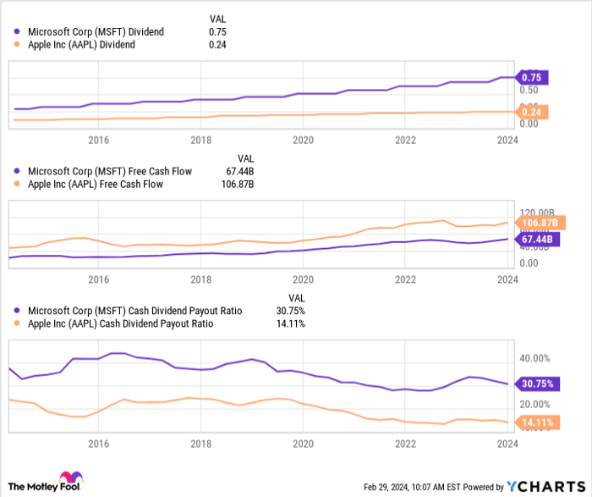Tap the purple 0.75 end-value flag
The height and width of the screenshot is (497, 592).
coord(534,77)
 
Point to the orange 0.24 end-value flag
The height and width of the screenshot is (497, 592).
coord(534,112)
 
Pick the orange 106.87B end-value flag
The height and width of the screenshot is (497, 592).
coord(538,223)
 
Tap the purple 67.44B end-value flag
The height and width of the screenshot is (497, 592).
coord(536,240)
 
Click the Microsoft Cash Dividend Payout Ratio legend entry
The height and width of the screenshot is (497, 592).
coord(134,311)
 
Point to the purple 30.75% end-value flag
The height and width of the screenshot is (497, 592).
coord(538,384)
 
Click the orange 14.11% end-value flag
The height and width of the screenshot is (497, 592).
coord(538,422)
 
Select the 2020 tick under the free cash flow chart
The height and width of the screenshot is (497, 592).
coord(303,279)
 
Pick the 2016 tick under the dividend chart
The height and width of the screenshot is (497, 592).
coord(99,140)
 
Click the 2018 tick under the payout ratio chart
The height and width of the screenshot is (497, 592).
coord(200,444)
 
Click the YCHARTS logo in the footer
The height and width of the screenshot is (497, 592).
coord(541,486)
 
